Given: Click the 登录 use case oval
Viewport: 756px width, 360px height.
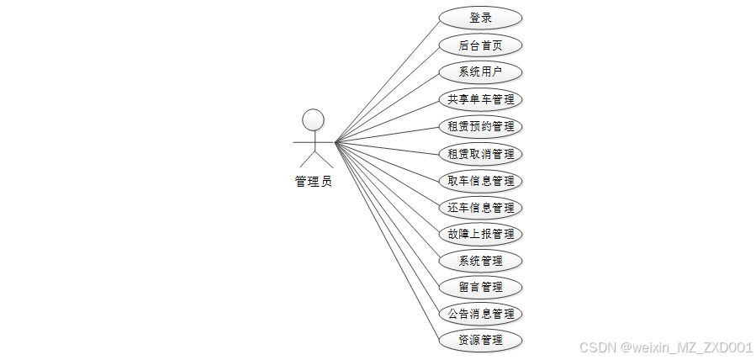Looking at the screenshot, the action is coord(480,18).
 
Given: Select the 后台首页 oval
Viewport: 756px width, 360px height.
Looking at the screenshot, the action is coord(480,45).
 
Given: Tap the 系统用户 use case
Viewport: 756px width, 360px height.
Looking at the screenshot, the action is coord(480,72).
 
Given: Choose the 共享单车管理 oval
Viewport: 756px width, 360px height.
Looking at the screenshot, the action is coord(480,99).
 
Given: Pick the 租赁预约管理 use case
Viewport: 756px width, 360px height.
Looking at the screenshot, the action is coord(480,127).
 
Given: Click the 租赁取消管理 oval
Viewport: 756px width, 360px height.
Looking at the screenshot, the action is coord(480,154).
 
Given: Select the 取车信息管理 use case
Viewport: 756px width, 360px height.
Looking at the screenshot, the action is coord(480,181).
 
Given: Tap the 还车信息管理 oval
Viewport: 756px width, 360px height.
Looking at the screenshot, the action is coord(480,207).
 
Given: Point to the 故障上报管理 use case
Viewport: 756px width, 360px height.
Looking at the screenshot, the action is coord(480,234).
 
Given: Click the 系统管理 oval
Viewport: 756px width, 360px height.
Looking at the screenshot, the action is coord(480,261).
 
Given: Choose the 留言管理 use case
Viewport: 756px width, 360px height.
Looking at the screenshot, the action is coord(480,287).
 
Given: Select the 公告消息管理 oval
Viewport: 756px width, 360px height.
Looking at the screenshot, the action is coord(480,314).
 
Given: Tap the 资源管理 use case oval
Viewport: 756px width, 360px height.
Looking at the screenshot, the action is coord(480,341).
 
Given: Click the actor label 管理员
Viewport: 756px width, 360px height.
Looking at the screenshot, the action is coord(313,181).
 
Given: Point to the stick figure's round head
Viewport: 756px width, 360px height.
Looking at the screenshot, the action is coord(313,119).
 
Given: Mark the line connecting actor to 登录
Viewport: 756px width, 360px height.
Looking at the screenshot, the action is coord(387,81).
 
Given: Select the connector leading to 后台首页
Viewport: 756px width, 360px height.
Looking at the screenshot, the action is coord(387,94).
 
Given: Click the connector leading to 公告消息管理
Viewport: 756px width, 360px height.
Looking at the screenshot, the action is coord(387,226).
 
